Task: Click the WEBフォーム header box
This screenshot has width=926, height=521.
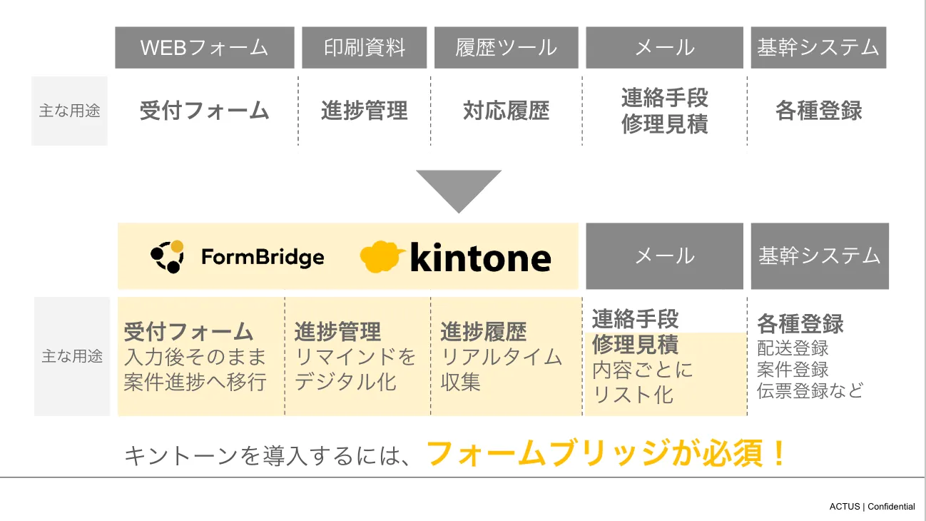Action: pos(205,48)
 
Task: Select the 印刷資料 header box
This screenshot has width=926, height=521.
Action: pos(365,48)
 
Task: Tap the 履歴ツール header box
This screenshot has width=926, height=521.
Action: pos(506,48)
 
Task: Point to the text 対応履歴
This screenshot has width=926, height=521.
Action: pos(506,111)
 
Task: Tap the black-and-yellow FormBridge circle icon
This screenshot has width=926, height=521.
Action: pos(168,257)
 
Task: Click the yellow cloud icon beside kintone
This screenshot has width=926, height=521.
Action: pos(383,257)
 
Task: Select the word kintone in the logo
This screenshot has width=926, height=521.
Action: pos(480,258)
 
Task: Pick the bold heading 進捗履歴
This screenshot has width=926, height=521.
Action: pos(483,332)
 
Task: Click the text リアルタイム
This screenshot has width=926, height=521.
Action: pos(502,357)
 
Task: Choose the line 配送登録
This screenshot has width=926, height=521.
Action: pos(793,348)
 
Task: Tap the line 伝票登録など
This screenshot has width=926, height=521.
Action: pos(810,390)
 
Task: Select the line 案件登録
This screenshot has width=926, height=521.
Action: pos(793,370)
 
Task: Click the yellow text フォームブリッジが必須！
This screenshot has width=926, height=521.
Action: pos(606,453)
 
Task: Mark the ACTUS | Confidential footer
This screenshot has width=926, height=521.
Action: pos(872,507)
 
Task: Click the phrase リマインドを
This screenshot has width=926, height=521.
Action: pos(355,357)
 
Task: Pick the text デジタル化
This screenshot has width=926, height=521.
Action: pos(345,382)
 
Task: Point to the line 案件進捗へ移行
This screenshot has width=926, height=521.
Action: pos(195,382)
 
